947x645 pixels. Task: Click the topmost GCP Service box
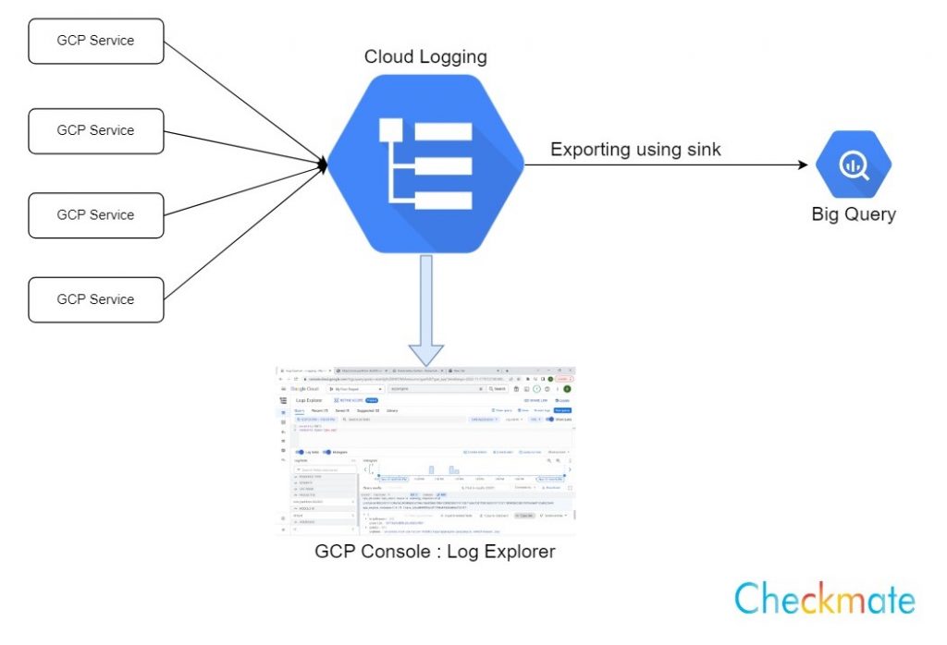coord(96,42)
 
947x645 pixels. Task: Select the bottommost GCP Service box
coord(96,299)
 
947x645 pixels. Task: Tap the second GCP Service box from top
coord(96,131)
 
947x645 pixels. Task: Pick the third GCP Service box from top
coord(96,215)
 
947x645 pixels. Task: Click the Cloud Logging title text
coord(425,57)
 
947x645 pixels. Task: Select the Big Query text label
coord(853,214)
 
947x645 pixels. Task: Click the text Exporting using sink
coord(635,149)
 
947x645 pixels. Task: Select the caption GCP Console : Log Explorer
coord(436,553)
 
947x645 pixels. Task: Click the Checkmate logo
coord(824,599)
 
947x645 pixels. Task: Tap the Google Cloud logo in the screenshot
coord(304,389)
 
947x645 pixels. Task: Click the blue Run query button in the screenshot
coord(562,409)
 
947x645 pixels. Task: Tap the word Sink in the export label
coord(702,149)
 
